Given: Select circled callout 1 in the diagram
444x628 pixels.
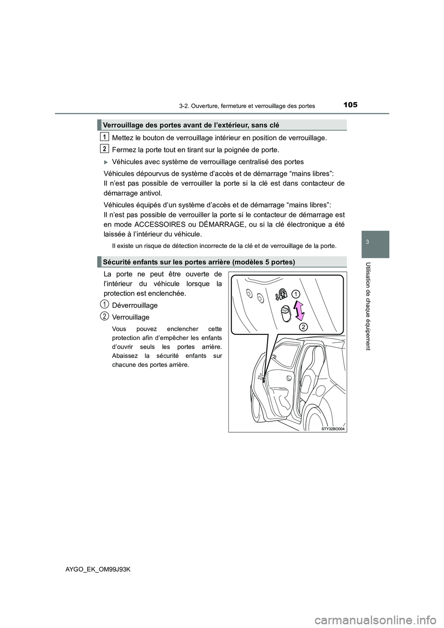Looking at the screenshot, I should [296, 294].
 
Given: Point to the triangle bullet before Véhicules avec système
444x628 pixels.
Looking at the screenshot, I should [107, 162].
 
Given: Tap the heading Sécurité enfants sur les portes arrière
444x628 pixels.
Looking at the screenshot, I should [199, 262].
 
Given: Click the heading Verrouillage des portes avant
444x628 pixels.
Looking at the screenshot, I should [191, 125].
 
